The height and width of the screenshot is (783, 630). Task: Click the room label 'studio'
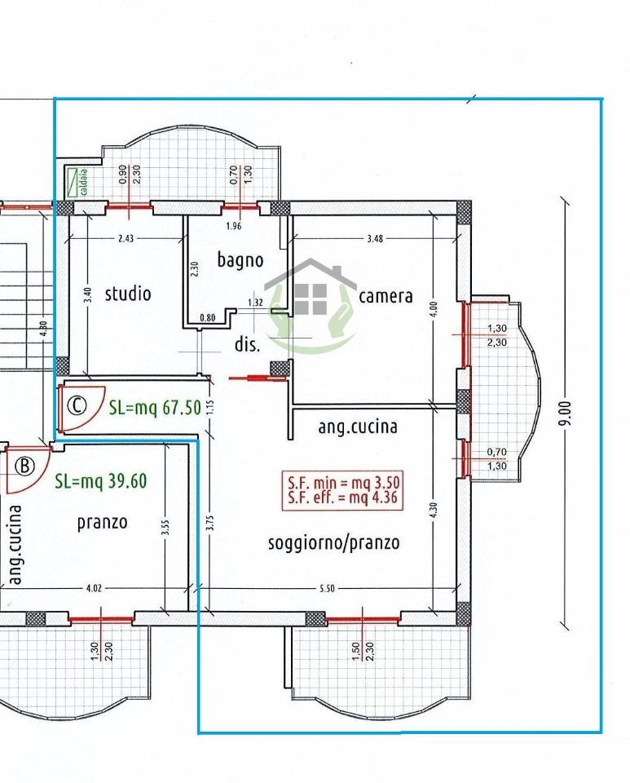(128, 293)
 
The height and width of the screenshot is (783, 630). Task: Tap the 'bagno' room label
(240, 260)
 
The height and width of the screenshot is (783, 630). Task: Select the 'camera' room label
(385, 296)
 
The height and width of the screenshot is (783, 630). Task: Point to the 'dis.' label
(247, 345)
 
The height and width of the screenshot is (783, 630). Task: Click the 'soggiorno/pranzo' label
(334, 542)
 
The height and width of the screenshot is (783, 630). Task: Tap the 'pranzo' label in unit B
(103, 522)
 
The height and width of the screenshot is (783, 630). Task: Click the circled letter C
(77, 405)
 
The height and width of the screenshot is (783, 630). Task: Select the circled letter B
(25, 466)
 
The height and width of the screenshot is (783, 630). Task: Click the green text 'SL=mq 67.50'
(155, 408)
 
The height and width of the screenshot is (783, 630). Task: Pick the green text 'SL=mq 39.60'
(100, 481)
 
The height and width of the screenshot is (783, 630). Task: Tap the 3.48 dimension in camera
(374, 239)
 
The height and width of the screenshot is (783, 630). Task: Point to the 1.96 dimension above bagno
(234, 226)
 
